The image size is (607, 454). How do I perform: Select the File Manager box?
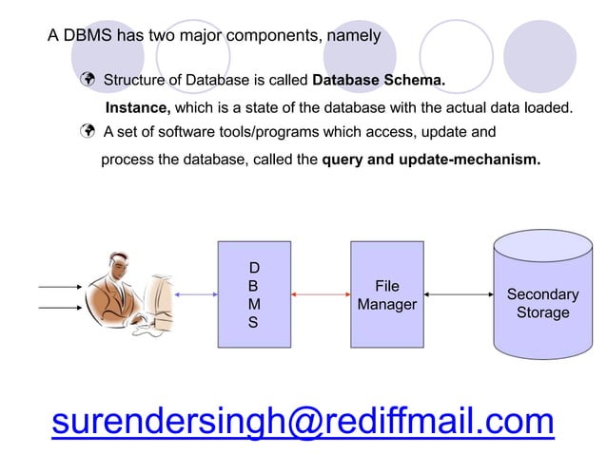pos(386,295)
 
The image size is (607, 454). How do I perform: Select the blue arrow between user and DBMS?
pos(196,295)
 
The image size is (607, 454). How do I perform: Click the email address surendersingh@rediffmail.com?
pos(303,421)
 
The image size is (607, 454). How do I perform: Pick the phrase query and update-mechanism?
pos(431,161)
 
